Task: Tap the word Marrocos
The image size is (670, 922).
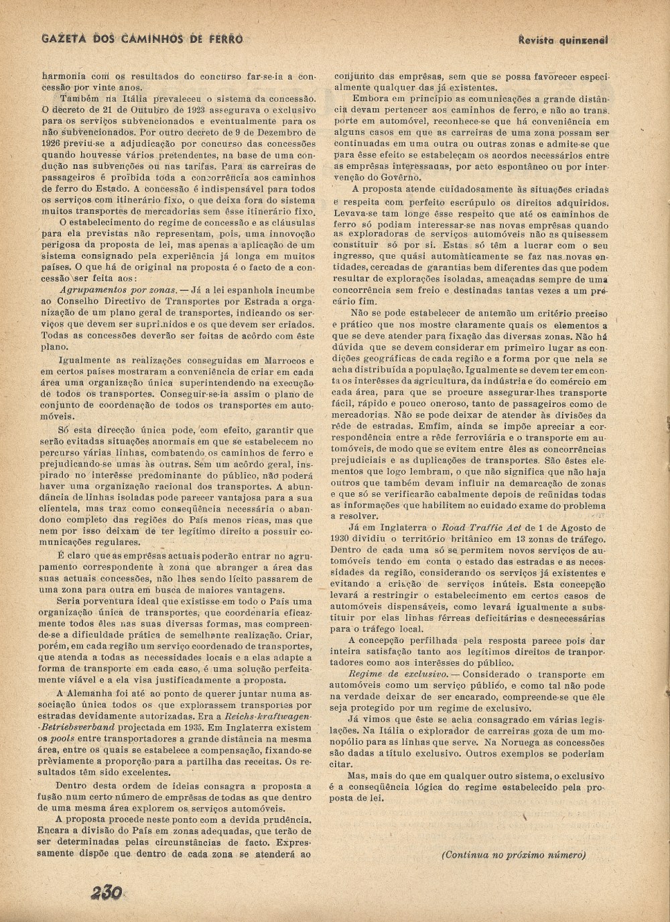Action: click(283, 361)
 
